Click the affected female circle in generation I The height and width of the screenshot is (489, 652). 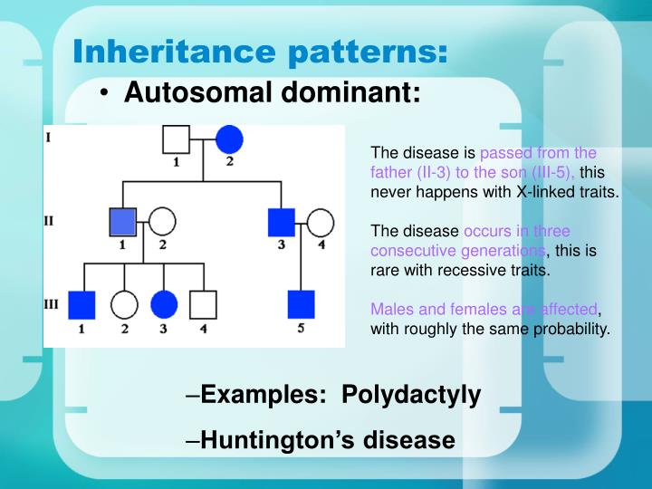point(230,139)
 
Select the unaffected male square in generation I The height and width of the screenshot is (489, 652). point(176,139)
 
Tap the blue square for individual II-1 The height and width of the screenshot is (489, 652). point(123,222)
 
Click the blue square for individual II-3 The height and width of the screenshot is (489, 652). point(283,222)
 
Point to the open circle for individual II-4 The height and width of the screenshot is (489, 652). point(321,222)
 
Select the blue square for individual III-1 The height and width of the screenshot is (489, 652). point(82,304)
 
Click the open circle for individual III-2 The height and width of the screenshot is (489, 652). point(124,304)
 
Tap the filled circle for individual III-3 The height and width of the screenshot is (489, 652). point(164,304)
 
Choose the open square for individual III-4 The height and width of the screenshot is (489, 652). point(204,304)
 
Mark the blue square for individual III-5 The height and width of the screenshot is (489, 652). point(301,304)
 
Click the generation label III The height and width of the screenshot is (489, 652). point(52,304)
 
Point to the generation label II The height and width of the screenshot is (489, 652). point(50,220)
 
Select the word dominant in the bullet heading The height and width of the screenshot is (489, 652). point(361,92)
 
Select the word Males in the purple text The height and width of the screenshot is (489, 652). point(389,309)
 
